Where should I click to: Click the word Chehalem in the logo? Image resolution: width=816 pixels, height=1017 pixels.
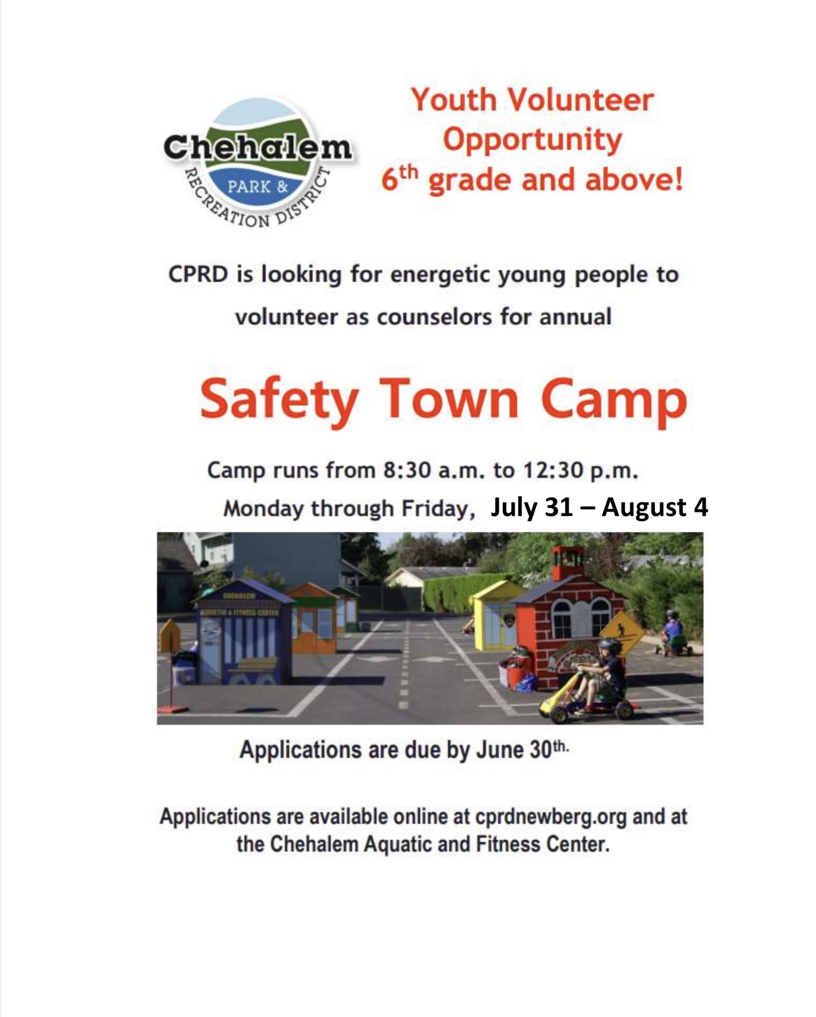pyautogui.click(x=257, y=148)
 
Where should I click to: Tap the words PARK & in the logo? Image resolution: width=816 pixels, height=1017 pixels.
pyautogui.click(x=257, y=187)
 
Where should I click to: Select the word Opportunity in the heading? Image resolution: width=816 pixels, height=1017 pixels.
pyautogui.click(x=533, y=141)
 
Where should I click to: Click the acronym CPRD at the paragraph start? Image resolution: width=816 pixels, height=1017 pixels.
pyautogui.click(x=198, y=275)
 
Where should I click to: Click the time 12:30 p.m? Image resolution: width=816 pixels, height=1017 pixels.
pyautogui.click(x=580, y=470)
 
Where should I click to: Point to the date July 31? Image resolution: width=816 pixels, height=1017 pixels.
pyautogui.click(x=532, y=508)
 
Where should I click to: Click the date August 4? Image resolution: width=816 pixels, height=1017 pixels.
pyautogui.click(x=655, y=508)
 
